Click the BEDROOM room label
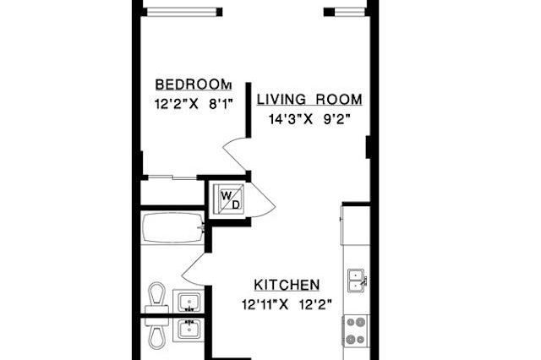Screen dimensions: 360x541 [193, 85]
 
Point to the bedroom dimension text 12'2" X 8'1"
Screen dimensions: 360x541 [193, 106]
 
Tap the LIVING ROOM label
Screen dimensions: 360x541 [309, 100]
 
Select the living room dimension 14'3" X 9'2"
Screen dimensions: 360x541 [309, 120]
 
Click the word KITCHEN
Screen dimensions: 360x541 [287, 285]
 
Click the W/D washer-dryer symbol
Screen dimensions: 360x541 [230, 199]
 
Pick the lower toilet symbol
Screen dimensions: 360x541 [156, 331]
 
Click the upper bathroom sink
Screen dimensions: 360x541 [188, 301]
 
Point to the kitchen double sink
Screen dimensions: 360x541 [356, 280]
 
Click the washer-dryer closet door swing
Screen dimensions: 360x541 [260, 200]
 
